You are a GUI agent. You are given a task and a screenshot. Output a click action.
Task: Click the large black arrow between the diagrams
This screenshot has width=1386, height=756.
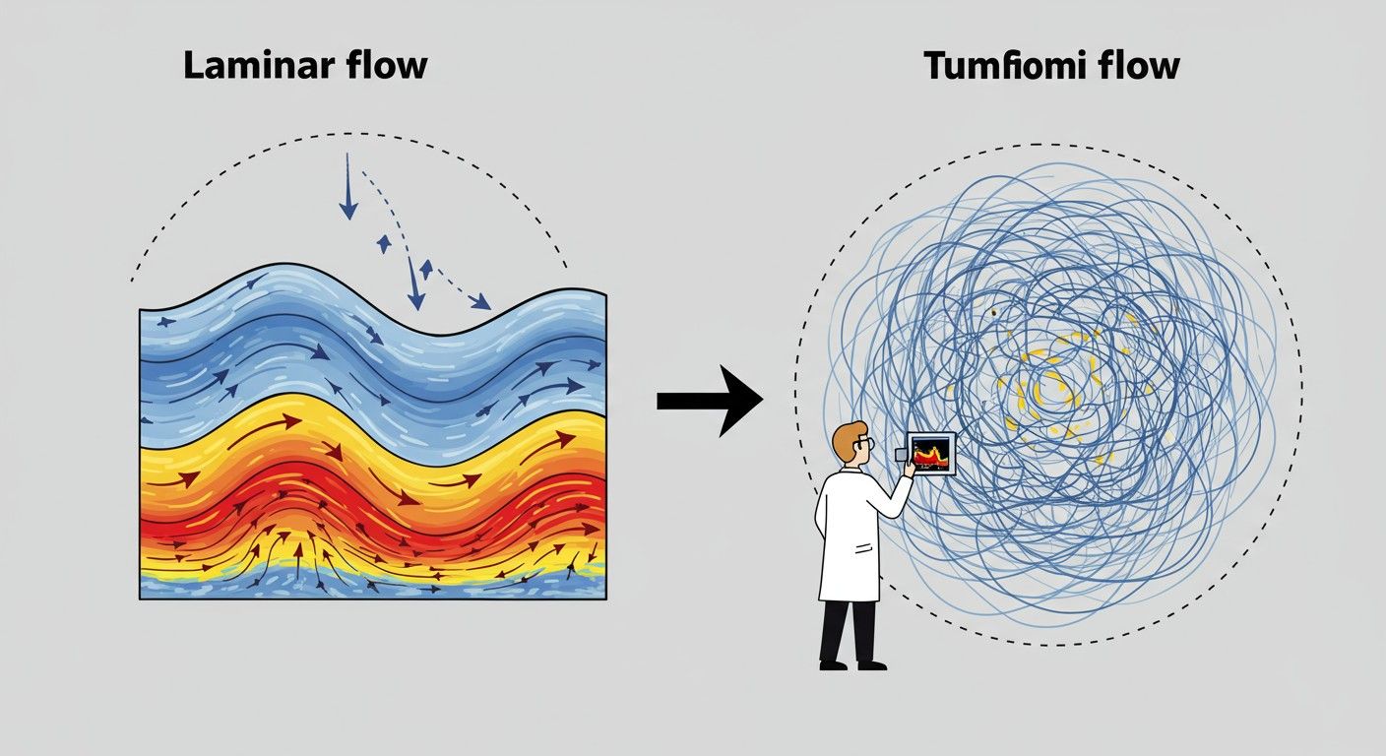pyautogui.click(x=710, y=399)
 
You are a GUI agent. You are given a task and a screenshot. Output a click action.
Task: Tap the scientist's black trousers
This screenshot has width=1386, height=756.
pyautogui.click(x=849, y=630)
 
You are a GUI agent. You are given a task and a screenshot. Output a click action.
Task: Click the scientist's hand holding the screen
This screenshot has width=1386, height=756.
pyautogui.click(x=909, y=470)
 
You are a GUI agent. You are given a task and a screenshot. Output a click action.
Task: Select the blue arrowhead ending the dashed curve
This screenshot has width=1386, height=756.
pyautogui.click(x=479, y=302)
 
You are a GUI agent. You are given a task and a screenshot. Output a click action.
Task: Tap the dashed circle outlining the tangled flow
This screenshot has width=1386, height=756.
pyautogui.click(x=1299, y=394)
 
